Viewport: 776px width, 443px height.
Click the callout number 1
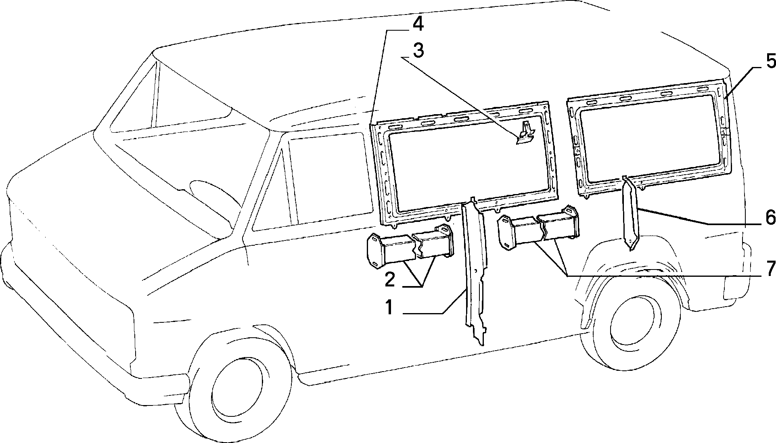click(389, 307)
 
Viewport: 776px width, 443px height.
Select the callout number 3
click(418, 51)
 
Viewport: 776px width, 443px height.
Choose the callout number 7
click(770, 268)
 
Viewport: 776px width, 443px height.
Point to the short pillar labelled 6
click(630, 214)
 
